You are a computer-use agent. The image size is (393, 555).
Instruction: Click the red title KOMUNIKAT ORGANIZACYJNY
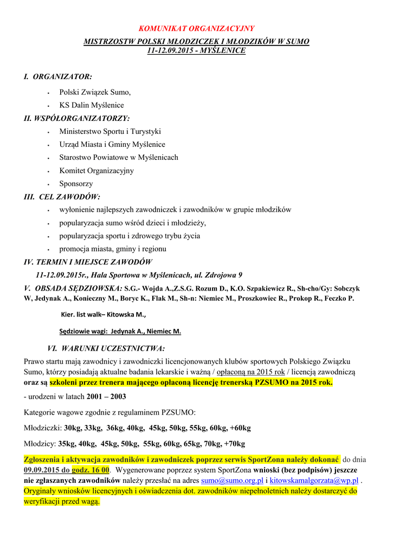(x=196, y=28)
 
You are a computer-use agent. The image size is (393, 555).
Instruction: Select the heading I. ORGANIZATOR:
(x=58, y=77)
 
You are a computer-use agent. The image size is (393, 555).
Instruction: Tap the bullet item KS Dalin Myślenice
(x=91, y=105)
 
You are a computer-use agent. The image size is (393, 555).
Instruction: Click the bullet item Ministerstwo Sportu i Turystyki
(x=110, y=131)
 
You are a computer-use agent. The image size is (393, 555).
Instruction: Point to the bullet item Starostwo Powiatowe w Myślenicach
(x=119, y=157)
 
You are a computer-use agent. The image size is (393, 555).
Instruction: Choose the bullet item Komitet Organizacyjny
(x=96, y=170)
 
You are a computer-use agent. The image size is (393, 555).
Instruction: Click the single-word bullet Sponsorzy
(x=76, y=184)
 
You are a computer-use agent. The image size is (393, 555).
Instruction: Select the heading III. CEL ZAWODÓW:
(x=62, y=197)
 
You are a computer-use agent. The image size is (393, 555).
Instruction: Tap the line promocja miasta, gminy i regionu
(x=113, y=249)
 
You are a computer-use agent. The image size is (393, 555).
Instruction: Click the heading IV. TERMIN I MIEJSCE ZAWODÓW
(x=88, y=262)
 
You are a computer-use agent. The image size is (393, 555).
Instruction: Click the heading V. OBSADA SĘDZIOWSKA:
(x=73, y=288)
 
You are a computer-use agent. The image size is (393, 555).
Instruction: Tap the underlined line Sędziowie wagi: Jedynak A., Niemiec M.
(x=120, y=331)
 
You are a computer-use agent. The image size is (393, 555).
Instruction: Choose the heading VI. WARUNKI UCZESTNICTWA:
(x=106, y=348)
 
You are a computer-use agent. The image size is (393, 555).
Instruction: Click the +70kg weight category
(x=234, y=443)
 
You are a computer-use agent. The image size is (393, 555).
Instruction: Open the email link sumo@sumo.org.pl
(x=232, y=481)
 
